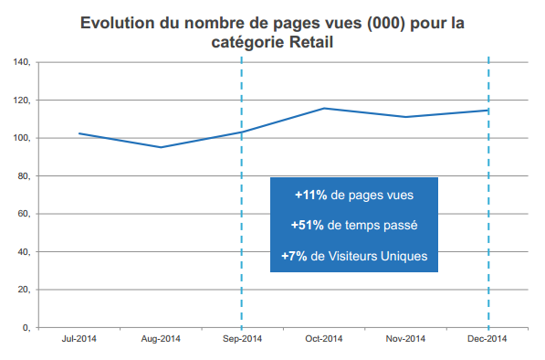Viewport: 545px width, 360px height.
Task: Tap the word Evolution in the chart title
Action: tap(116, 22)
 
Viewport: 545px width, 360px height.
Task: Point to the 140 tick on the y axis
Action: tap(22, 62)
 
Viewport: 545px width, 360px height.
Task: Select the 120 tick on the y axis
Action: tap(22, 101)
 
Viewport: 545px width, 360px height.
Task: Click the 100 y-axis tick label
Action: tap(22, 138)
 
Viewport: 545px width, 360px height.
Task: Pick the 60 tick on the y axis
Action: tap(25, 214)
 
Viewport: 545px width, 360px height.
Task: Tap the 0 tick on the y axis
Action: tap(27, 327)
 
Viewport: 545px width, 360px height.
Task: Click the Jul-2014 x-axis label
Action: tap(79, 339)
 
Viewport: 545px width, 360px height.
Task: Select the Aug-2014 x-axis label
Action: tap(161, 339)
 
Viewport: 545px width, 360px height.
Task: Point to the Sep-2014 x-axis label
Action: tap(242, 339)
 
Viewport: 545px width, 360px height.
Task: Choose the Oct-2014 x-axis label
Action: tap(324, 339)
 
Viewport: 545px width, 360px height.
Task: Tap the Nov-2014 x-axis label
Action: tap(406, 339)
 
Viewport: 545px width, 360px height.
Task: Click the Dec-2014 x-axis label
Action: tap(488, 339)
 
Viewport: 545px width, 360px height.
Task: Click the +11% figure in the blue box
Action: tap(310, 195)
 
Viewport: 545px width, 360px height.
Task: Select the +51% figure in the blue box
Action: tap(307, 225)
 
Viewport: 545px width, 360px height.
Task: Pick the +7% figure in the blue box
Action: tap(294, 256)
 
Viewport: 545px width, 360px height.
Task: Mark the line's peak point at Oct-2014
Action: tap(324, 108)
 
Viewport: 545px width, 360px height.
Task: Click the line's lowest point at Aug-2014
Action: tap(161, 147)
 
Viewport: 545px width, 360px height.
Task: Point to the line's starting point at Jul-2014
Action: tap(79, 133)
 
